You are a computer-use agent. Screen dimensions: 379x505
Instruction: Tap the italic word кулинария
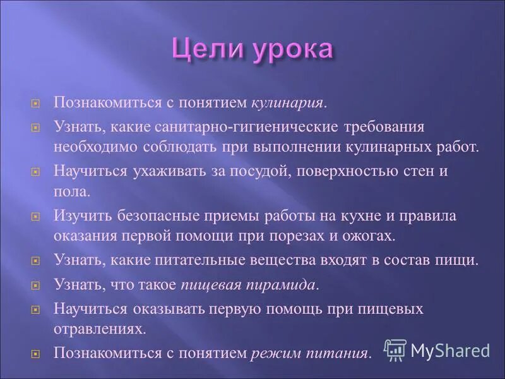pos(289,102)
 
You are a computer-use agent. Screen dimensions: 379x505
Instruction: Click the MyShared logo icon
pos(395,349)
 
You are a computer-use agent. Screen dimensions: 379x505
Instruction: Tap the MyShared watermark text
pos(450,350)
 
